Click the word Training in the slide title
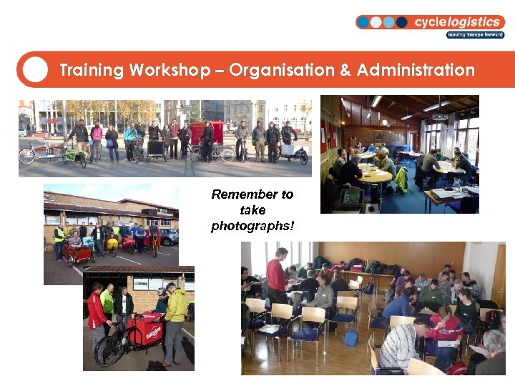(92, 70)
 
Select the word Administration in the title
(416, 70)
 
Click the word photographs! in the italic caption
(252, 227)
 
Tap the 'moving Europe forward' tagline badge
(475, 34)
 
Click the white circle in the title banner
(35, 69)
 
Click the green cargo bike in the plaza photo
(74, 154)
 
